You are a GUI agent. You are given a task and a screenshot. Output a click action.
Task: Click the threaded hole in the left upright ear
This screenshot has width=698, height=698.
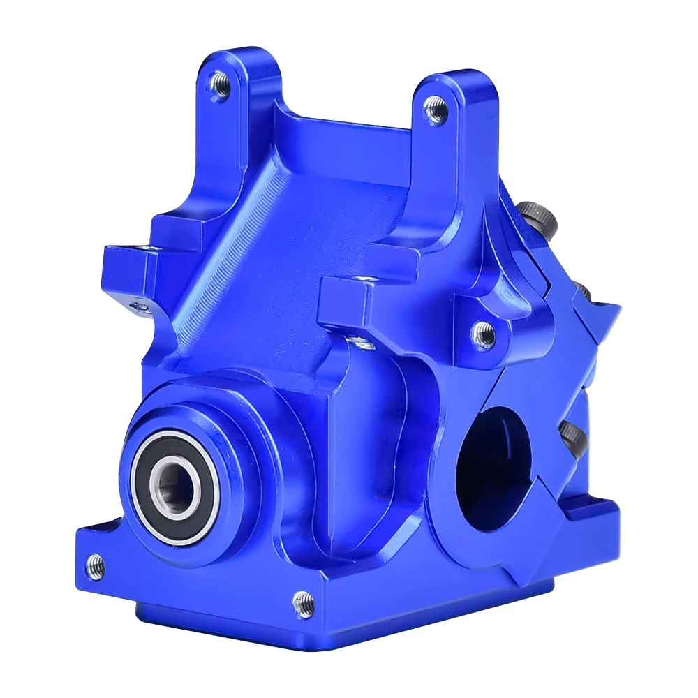(x=220, y=85)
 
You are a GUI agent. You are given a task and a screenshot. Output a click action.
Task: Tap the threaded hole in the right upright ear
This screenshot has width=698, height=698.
(x=436, y=110)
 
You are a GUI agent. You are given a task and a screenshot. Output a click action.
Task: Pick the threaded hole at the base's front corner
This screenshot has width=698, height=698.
(x=303, y=602)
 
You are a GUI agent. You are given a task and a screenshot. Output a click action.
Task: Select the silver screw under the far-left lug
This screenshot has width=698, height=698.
(x=142, y=306)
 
